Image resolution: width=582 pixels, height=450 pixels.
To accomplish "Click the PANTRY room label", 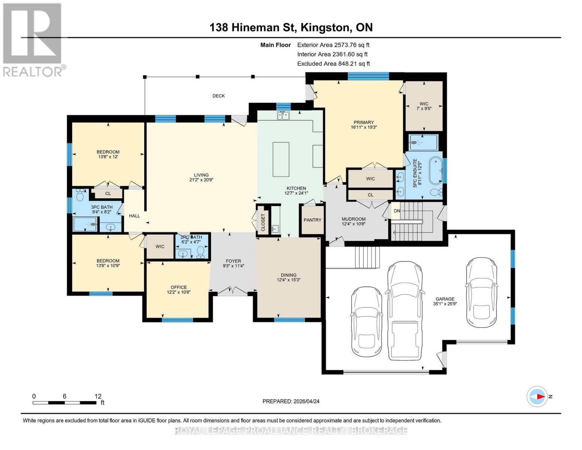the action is click(x=312, y=220).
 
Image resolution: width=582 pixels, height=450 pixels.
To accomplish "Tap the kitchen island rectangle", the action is click(x=281, y=159).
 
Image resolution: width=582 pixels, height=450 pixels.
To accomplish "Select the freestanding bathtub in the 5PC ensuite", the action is click(x=436, y=171).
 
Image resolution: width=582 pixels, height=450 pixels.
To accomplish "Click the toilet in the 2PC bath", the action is click(x=200, y=252).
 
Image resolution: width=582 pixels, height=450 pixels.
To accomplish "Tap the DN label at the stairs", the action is click(x=397, y=211).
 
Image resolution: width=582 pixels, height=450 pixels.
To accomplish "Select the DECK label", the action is click(x=218, y=96).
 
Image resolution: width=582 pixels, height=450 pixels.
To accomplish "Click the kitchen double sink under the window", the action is click(x=283, y=115).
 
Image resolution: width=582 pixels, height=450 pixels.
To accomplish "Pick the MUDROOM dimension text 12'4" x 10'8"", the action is click(x=353, y=224).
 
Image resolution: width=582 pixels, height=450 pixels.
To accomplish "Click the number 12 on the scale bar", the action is click(x=98, y=396).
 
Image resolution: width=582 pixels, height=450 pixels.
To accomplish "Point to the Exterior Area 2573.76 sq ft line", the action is click(x=333, y=45).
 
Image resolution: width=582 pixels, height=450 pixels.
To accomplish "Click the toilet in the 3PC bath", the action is click(x=80, y=196).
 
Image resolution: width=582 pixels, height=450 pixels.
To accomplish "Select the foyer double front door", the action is click(x=232, y=291).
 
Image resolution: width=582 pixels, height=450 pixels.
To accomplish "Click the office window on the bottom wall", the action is click(x=177, y=320).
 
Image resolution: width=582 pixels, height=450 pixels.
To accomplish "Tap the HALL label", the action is click(x=135, y=216).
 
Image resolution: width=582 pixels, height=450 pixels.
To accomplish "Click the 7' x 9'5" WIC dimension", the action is click(x=424, y=108).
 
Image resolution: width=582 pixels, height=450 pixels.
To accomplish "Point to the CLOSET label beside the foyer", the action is click(x=263, y=222).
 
